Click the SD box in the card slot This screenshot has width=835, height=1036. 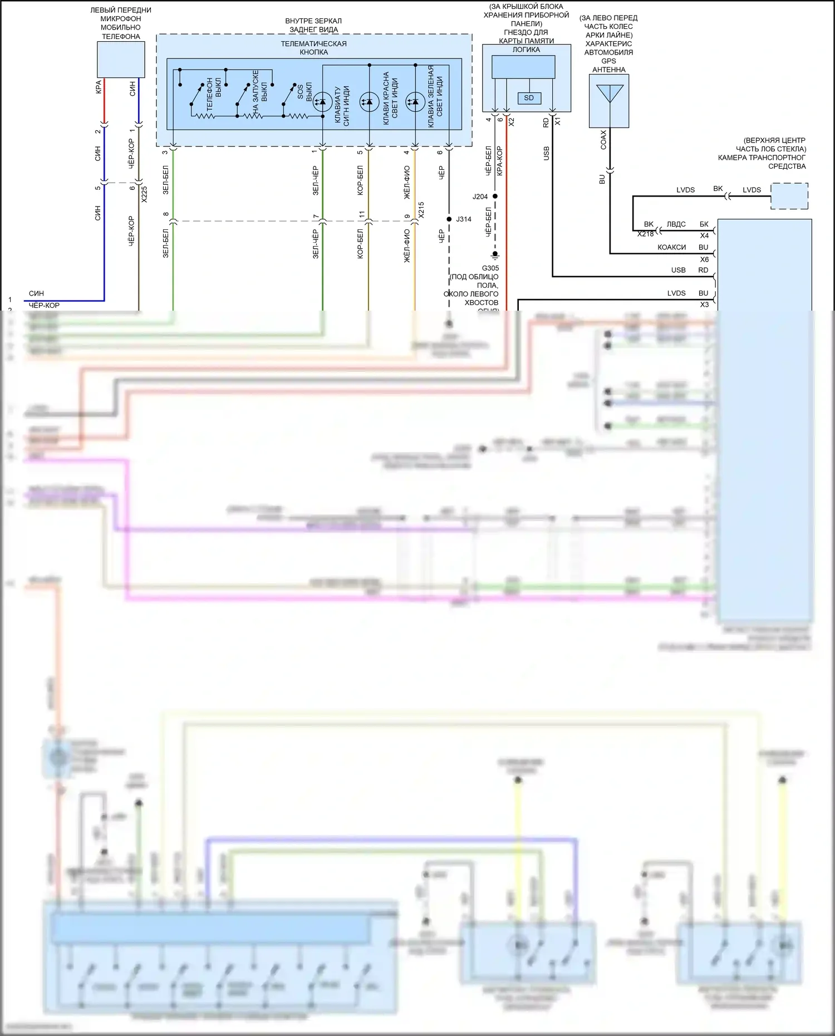click(529, 98)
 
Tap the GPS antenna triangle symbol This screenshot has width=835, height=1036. click(609, 93)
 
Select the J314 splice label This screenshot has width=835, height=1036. click(464, 219)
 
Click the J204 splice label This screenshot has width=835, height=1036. click(480, 197)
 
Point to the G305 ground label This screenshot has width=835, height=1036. click(490, 268)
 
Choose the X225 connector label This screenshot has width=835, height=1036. click(145, 194)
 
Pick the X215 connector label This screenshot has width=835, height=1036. click(421, 210)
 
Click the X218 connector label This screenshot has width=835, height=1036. click(646, 234)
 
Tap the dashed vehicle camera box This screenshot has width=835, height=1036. click(789, 196)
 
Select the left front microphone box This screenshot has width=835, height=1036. click(121, 60)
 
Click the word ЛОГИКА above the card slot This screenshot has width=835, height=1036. click(526, 50)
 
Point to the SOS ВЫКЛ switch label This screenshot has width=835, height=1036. click(304, 92)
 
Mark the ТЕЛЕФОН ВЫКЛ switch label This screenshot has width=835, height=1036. click(214, 93)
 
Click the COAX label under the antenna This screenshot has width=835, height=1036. click(603, 140)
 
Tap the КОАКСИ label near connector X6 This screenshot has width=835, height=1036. click(671, 247)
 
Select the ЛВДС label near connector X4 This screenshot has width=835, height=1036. click(676, 224)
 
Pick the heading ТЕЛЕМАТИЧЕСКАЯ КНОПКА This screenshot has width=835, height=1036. click(313, 48)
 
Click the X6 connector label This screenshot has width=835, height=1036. click(704, 259)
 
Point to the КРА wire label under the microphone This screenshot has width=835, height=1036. click(99, 87)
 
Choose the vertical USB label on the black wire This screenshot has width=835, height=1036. click(546, 154)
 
